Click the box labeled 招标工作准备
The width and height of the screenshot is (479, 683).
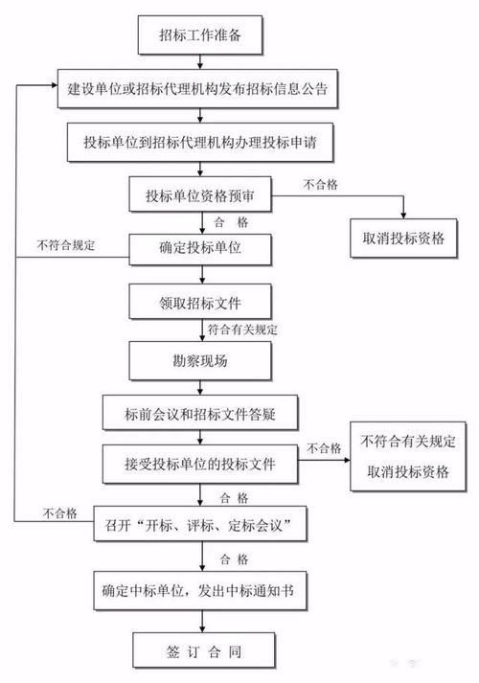coord(200,36)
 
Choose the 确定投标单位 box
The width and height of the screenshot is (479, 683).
coord(199,249)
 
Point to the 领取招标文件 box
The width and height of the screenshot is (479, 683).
coord(200,305)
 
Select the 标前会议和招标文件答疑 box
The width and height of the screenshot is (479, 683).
coord(200,414)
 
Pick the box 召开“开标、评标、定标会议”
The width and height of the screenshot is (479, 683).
coord(200,525)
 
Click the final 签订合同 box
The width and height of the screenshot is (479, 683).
coord(200,651)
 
